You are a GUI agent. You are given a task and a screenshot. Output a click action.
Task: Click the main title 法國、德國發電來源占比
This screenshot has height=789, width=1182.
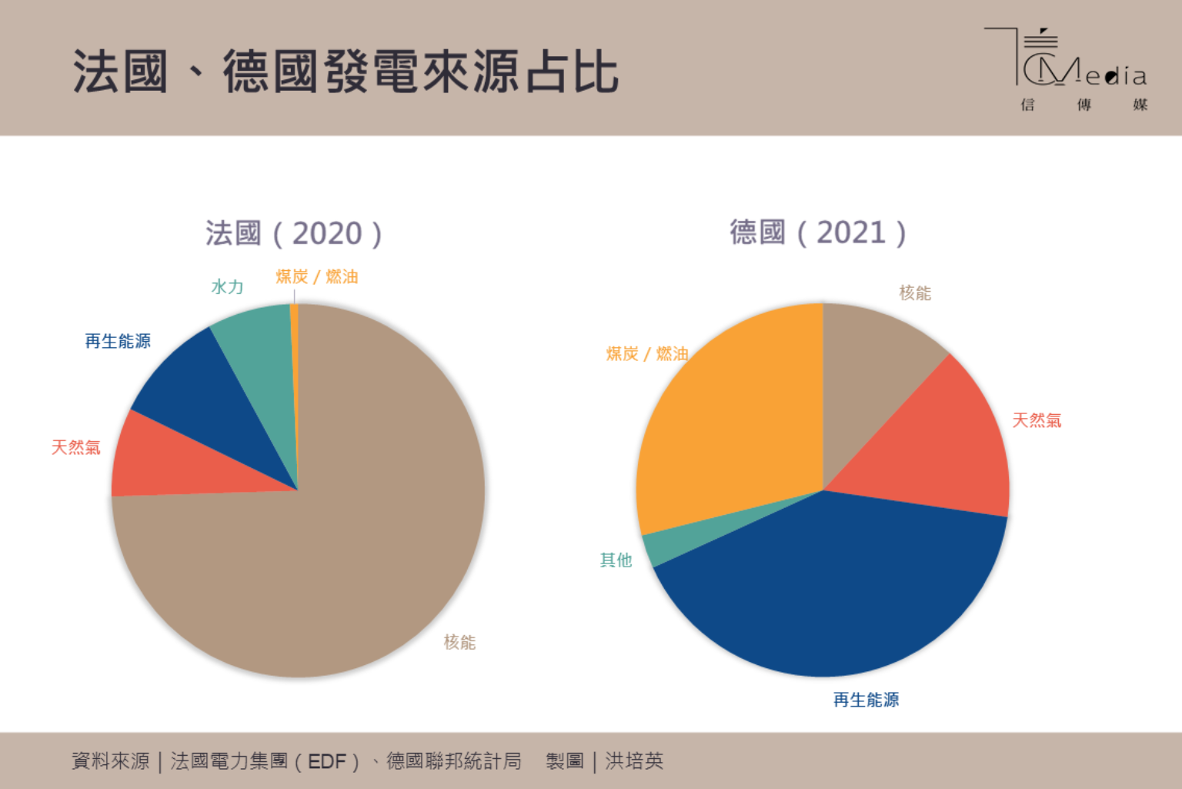pos(346,72)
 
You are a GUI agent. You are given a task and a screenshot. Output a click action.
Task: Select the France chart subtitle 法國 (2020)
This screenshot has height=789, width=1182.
pos(293,233)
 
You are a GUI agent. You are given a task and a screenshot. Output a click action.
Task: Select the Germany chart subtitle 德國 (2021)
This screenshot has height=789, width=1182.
pos(817,232)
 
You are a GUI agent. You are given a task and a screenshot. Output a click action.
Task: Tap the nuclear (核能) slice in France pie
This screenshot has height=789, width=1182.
pos(346,554)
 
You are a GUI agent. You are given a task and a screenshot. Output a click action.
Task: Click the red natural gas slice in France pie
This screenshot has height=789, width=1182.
pos(169,462)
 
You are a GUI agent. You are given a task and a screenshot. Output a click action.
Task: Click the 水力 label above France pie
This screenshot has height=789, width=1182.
pos(227,287)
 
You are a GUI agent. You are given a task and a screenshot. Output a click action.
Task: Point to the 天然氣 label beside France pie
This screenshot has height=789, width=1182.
pos(75,447)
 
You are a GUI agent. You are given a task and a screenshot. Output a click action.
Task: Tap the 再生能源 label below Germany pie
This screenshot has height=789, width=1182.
pos(866,700)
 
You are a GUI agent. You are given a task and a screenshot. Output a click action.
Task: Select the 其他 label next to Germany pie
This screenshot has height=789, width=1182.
pos(616,560)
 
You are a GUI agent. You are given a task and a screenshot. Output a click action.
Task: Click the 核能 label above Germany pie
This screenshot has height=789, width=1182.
pos(915,293)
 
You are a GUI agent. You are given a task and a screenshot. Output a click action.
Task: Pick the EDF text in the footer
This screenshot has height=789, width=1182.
pos(327,761)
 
